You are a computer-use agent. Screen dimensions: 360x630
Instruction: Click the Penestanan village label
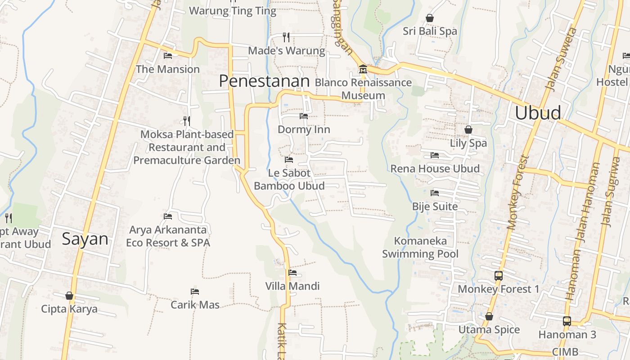[264, 81]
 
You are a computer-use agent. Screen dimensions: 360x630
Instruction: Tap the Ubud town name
[538, 112]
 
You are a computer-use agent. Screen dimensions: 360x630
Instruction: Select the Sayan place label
[85, 238]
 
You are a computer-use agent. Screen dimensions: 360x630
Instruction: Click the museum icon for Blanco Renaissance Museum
[363, 69]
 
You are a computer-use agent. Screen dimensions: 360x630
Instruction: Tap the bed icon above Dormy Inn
[304, 116]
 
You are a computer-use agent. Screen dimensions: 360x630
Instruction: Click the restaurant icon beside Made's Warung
[286, 36]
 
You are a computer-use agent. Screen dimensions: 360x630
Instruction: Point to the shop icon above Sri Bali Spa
[430, 18]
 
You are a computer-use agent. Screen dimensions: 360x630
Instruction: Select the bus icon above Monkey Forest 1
[498, 275]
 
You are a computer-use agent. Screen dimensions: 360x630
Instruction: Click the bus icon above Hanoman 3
[567, 321]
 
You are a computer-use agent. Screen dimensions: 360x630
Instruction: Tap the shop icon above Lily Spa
[468, 130]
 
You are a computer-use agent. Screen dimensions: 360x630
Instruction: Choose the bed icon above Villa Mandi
[292, 272]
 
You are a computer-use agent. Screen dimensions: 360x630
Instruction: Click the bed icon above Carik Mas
[195, 292]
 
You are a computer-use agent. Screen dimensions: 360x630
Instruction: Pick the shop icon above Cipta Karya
[69, 296]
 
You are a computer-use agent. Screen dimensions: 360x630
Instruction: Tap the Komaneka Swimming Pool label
[420, 247]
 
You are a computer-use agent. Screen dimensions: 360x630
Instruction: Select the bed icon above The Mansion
[168, 56]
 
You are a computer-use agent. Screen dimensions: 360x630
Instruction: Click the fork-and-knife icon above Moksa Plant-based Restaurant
[187, 121]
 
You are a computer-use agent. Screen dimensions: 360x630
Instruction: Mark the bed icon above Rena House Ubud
[435, 155]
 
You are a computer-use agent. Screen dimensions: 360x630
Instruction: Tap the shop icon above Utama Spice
[489, 316]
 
